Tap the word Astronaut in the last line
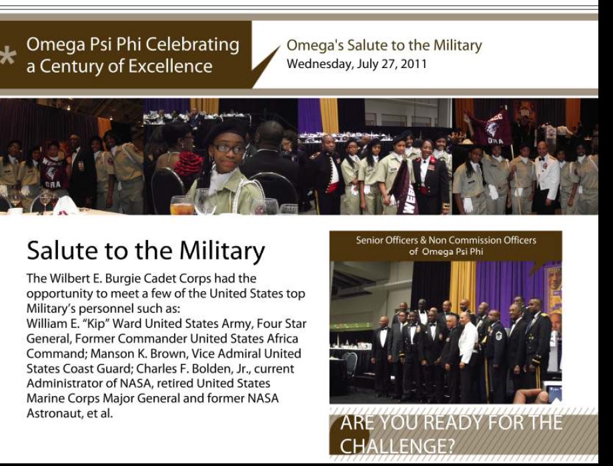click(53, 413)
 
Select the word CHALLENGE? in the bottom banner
click(397, 446)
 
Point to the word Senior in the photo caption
click(370, 240)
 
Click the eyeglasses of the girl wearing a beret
click(229, 149)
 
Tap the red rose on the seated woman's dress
click(188, 163)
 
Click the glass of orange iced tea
click(182, 205)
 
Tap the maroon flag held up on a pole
click(490, 128)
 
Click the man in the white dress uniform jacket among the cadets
click(546, 177)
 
